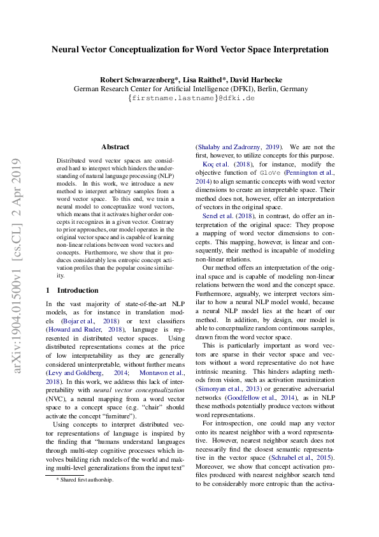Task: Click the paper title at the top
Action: [190, 49]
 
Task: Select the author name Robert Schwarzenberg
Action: [133, 80]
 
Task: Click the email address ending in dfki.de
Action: [191, 99]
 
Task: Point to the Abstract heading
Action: [115, 147]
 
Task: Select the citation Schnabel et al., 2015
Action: [306, 457]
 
